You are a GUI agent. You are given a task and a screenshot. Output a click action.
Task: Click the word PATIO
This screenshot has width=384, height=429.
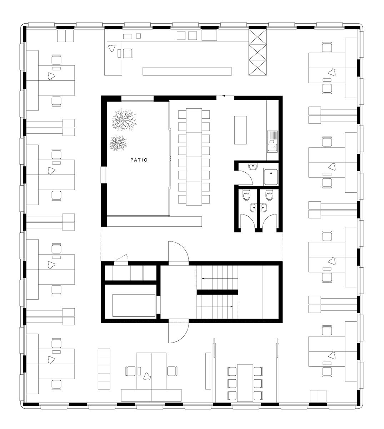tap(139, 160)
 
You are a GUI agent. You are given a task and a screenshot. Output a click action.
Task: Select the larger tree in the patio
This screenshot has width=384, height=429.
tap(124, 120)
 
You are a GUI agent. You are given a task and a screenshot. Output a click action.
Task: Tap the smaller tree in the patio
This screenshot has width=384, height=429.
tap(118, 143)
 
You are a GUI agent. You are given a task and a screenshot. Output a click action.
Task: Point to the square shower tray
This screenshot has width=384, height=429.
tap(271, 177)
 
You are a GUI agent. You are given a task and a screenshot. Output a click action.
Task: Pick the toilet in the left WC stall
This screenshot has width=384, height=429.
tap(246, 196)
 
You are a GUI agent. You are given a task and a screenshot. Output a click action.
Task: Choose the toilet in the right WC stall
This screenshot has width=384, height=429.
tap(269, 196)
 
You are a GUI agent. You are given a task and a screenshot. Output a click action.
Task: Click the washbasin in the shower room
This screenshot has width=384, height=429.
tap(253, 167)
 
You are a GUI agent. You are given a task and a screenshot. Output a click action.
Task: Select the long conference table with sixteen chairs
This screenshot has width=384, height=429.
tap(194, 157)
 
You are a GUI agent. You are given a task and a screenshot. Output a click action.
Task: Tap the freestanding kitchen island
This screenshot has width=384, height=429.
tap(240, 130)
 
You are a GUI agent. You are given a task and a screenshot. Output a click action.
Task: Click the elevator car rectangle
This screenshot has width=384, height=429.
tap(134, 305)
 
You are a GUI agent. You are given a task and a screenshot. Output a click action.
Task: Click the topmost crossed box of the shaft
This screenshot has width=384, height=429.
tap(257, 37)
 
